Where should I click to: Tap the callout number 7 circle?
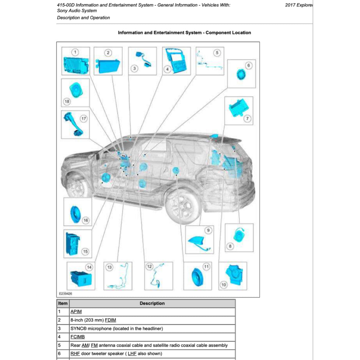pyautogui.click(x=247, y=118)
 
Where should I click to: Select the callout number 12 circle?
pyautogui.click(x=149, y=267)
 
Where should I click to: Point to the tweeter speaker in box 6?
pyautogui.click(x=241, y=75)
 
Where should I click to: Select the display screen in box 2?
pyautogui.click(x=108, y=66)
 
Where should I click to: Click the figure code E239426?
pyautogui.click(x=65, y=293)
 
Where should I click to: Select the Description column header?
pyautogui.click(x=152, y=303)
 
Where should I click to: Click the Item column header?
pyautogui.click(x=63, y=303)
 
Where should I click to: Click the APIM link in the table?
pyautogui.click(x=76, y=311)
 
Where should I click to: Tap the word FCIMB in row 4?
pyautogui.click(x=77, y=337)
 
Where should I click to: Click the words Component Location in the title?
pyautogui.click(x=228, y=33)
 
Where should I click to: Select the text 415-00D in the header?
pyautogui.click(x=66, y=5)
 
